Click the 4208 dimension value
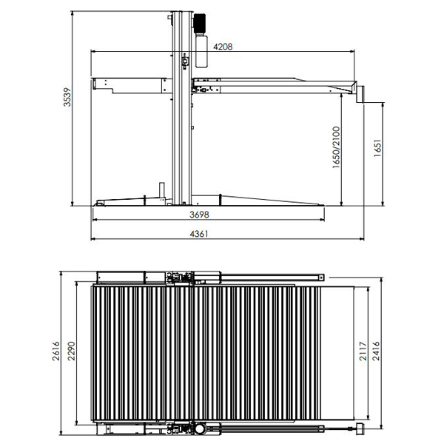point(223,47)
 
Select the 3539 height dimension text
point(67,97)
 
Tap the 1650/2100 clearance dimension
point(336,147)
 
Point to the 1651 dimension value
point(377,148)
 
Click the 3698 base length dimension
point(199,215)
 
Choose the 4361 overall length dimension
point(199,234)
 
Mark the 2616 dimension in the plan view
point(56,351)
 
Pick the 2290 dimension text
point(71,351)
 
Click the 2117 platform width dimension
point(363,351)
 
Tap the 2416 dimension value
point(376,351)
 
